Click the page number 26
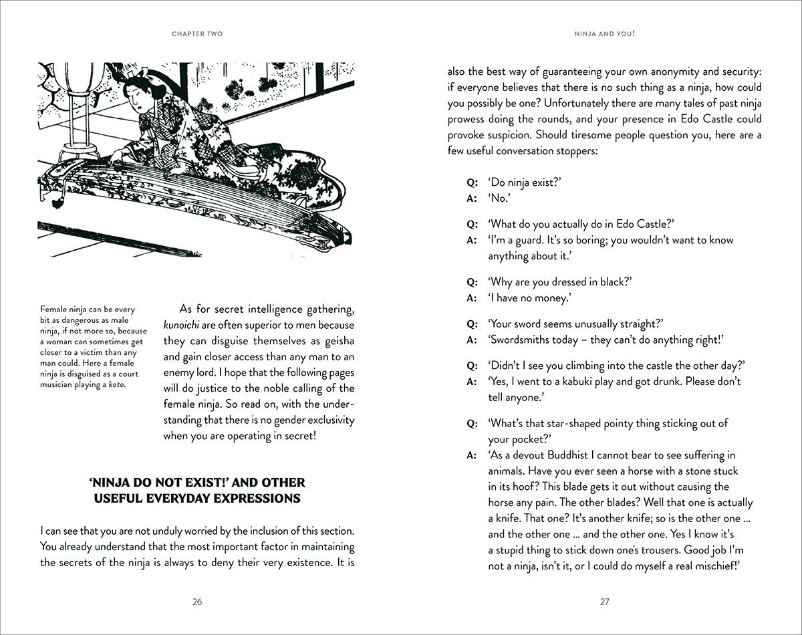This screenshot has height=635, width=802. (x=197, y=602)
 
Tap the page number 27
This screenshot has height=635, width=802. (x=604, y=602)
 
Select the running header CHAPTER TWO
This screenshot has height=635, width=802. (x=197, y=33)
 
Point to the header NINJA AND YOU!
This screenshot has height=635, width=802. (x=604, y=33)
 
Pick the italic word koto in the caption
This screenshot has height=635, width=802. (x=114, y=384)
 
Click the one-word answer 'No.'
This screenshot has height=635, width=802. (x=499, y=198)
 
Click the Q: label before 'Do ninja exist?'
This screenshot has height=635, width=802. (x=473, y=182)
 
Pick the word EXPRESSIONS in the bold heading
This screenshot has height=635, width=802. (x=257, y=499)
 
